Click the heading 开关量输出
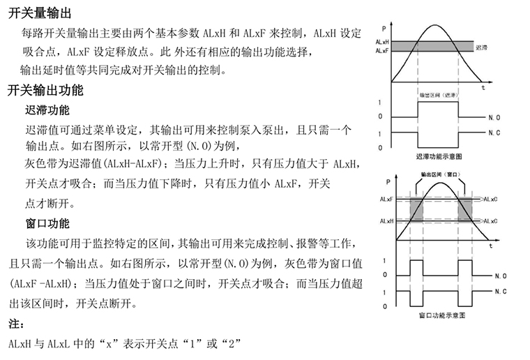point(40,13)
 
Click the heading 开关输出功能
point(45,90)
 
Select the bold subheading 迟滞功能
point(47,110)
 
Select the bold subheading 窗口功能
point(47,223)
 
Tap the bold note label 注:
point(16,324)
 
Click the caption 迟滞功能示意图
point(439,156)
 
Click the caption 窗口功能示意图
point(442,315)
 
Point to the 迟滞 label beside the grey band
point(481,47)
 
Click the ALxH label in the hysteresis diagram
point(382,42)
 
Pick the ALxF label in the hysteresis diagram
point(382,51)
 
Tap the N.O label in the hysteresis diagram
point(494,118)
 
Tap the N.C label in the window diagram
point(501,292)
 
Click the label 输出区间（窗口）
point(441,174)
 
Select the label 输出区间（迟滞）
point(439,96)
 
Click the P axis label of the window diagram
point(388,182)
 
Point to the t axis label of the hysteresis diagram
point(483,88)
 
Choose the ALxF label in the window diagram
point(386,199)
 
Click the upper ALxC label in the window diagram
point(490,199)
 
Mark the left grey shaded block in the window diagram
point(416,210)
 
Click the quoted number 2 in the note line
point(232,344)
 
